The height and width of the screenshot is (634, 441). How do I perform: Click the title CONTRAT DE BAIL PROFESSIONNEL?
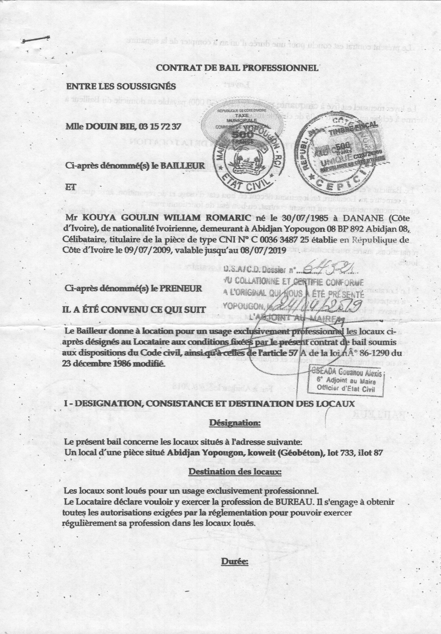coord(237,68)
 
